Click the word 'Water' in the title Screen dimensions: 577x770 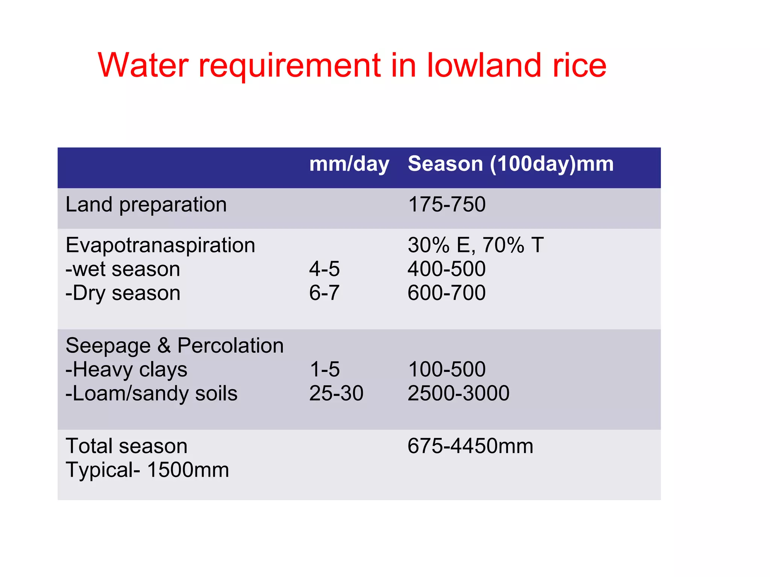(143, 65)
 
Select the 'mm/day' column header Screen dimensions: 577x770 (349, 164)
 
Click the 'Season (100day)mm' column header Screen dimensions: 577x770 (511, 164)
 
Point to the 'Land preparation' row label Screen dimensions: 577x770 (146, 205)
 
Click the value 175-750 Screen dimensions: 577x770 (447, 205)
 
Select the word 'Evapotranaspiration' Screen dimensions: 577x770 (160, 245)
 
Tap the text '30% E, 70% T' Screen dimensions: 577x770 (476, 245)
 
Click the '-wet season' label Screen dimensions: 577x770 (123, 269)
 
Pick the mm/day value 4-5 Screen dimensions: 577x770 (324, 269)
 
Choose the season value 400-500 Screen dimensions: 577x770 (447, 269)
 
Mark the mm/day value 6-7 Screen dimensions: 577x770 (324, 293)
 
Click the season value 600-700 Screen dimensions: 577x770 (447, 293)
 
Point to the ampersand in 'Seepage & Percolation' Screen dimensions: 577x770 (164, 346)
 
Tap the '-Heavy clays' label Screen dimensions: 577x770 (126, 370)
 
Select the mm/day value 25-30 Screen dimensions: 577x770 (336, 393)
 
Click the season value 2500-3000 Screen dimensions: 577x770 (458, 393)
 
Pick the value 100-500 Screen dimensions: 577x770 (447, 370)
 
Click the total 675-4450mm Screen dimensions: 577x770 (470, 446)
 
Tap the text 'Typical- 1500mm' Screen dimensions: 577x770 (147, 470)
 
